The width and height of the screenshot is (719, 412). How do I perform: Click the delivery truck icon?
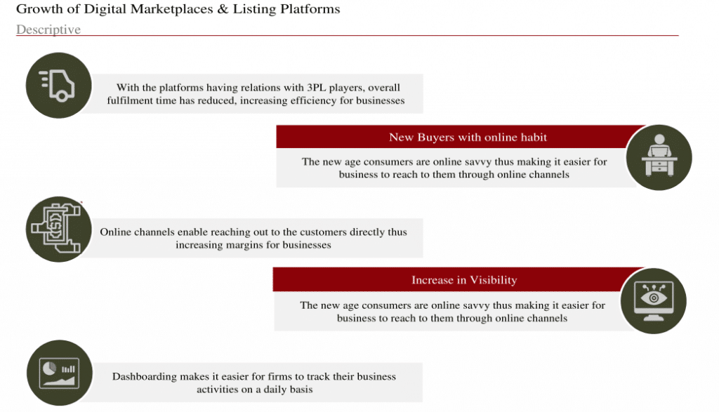click(58, 85)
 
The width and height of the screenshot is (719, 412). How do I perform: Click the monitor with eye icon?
click(654, 300)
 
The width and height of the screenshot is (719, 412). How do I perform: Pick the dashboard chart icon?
click(59, 373)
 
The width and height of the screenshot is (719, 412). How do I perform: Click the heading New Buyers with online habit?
click(468, 137)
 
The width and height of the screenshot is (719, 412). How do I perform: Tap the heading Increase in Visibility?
click(464, 279)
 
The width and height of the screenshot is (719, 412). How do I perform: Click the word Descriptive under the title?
click(48, 29)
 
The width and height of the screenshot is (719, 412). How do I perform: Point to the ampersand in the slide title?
click(223, 9)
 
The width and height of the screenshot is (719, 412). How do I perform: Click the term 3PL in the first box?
click(317, 88)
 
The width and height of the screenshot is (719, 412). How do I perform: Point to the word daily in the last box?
click(276, 390)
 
